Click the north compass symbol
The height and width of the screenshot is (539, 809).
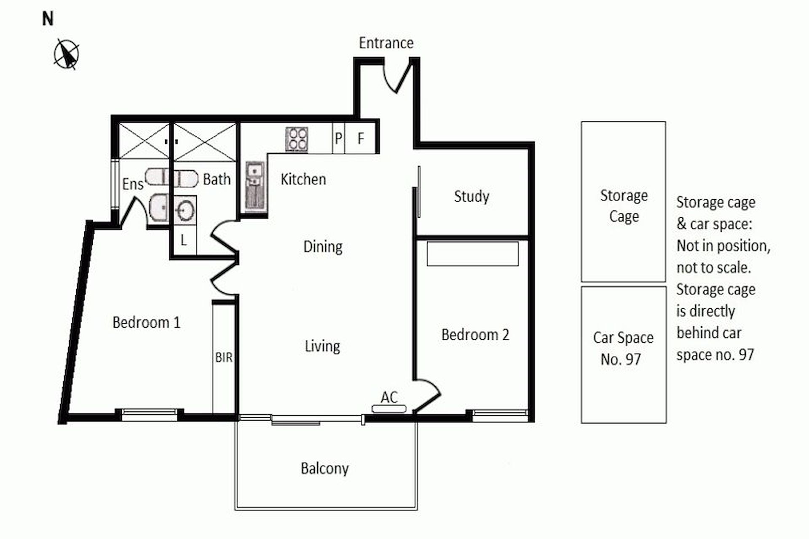pos(66,54)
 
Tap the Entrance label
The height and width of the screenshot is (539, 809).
pos(386,43)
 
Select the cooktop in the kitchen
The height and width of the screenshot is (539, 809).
pos(297,139)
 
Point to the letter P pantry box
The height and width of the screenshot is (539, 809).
pos(338,138)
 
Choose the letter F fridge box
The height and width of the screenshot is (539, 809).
pos(360,138)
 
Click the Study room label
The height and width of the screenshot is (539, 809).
pos(471,197)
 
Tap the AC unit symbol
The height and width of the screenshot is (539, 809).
pos(389,408)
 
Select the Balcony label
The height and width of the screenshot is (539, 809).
pos(324,469)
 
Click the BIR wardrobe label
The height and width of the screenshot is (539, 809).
pos(224,358)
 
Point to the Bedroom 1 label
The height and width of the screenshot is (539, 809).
pos(146,323)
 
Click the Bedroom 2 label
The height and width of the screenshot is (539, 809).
pos(475,335)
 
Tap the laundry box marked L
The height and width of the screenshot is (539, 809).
pos(185,240)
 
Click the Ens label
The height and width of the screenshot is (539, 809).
pos(133,184)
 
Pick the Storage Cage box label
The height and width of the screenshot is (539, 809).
pos(624,206)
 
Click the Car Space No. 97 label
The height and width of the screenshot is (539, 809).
pos(623,348)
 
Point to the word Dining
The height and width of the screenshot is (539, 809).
pos(323,247)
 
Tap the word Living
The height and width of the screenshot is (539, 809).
pos(322,347)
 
